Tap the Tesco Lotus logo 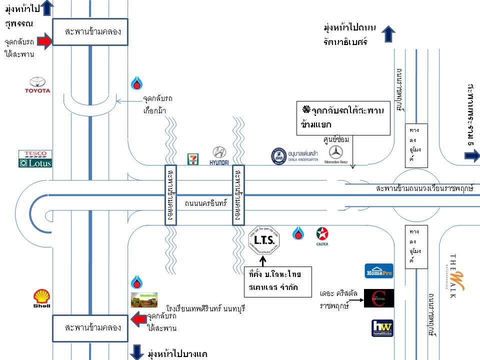[35, 158]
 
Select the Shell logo [41, 299]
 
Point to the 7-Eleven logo [192, 159]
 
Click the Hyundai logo [219, 155]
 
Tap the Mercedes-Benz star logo [335, 153]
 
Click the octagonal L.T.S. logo [263, 243]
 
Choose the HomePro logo [378, 270]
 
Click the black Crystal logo [378, 298]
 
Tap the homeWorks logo [382, 328]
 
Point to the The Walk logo [455, 276]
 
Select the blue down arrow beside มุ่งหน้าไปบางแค [135, 351]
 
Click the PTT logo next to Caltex [298, 233]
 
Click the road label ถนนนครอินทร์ [205, 203]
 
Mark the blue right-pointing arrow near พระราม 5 [472, 155]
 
